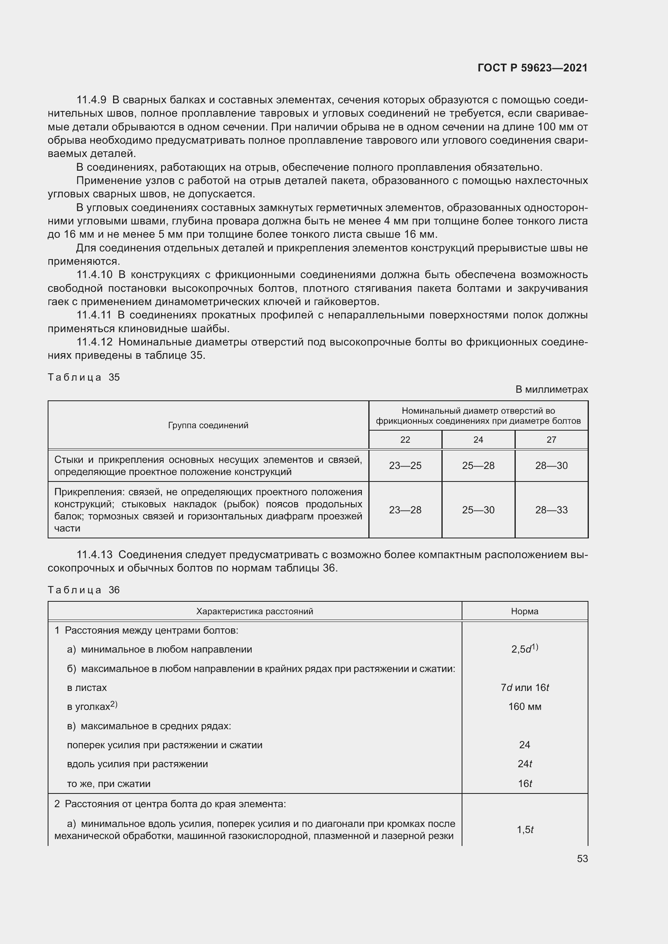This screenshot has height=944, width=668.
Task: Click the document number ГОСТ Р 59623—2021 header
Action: click(x=532, y=68)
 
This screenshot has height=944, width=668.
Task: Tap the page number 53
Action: click(x=582, y=859)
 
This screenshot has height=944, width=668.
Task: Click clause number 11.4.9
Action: click(x=91, y=100)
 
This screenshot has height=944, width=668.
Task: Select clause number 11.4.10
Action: click(x=94, y=275)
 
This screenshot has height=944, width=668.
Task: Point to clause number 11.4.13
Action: click(x=94, y=555)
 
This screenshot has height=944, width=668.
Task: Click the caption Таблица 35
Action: click(x=84, y=377)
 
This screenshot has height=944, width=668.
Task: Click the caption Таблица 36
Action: click(x=84, y=590)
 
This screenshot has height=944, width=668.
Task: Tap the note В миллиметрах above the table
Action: click(x=552, y=389)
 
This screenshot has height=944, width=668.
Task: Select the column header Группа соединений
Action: click(x=208, y=425)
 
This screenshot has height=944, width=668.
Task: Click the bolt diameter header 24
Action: click(x=478, y=440)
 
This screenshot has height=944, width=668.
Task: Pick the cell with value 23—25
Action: click(x=405, y=466)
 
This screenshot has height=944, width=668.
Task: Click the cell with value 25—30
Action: click(x=478, y=510)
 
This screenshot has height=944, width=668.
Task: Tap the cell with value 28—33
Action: click(x=551, y=510)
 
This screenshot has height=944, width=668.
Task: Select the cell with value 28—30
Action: click(x=551, y=466)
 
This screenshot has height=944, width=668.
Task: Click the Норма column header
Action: click(x=525, y=611)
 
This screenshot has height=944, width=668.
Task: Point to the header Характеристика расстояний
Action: click(x=254, y=611)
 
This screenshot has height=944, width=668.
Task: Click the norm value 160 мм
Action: click(x=525, y=707)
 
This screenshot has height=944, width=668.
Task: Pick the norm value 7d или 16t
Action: click(x=525, y=688)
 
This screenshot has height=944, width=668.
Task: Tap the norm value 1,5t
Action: click(x=525, y=830)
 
